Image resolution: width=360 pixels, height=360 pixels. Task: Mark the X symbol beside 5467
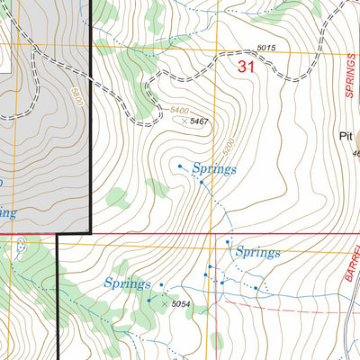click(184, 121)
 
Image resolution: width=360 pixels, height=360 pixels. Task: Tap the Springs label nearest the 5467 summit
click(213, 169)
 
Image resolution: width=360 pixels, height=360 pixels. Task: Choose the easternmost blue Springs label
click(257, 253)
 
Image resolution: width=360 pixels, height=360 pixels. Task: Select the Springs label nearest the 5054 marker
click(127, 283)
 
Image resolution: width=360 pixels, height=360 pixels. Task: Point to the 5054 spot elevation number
click(183, 305)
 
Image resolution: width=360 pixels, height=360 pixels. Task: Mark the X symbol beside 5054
click(165, 305)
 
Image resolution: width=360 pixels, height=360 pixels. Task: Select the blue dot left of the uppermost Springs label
click(180, 166)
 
